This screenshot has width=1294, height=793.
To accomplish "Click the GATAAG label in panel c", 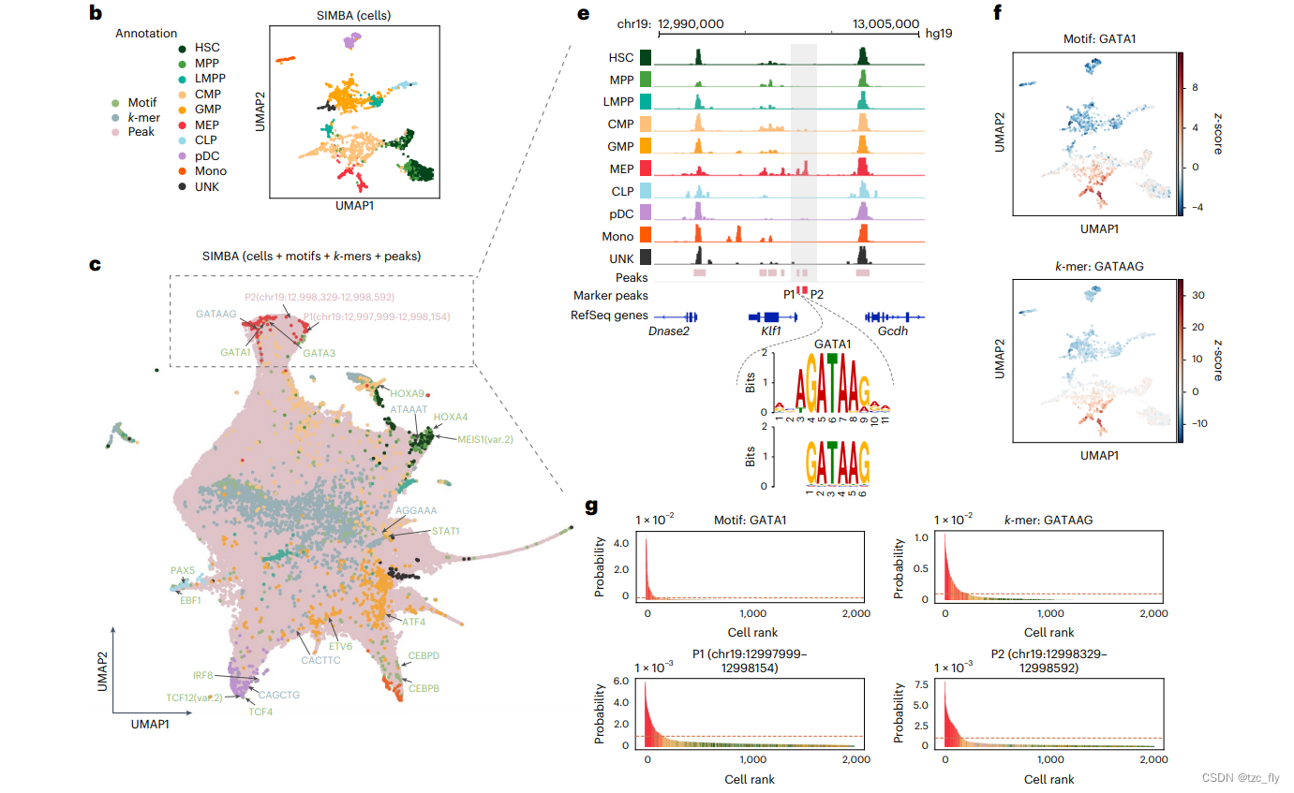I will pos(216,316).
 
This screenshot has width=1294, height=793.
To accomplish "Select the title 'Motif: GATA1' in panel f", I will pos(1093,39).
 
